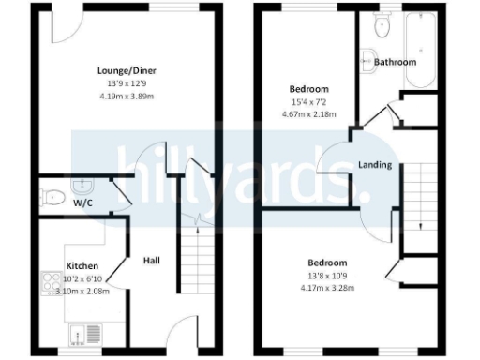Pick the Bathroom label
395,62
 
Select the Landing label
375,165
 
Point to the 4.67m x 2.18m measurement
309,114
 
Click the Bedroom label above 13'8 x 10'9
328,262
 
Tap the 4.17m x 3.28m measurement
328,287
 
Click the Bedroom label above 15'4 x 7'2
308,89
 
